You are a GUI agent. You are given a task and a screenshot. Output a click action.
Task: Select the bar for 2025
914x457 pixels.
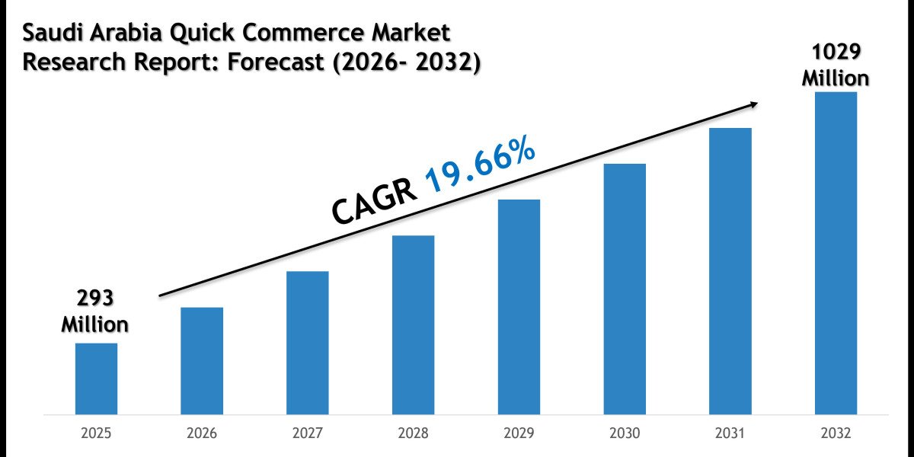coord(96,379)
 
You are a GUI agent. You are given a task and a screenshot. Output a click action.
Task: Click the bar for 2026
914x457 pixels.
coord(202,361)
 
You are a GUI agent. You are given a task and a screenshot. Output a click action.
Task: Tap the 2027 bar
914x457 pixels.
coord(308,343)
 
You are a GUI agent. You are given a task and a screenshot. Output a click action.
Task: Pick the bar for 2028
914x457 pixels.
coord(414,325)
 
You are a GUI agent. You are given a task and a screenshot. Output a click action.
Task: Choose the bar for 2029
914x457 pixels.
coord(519,307)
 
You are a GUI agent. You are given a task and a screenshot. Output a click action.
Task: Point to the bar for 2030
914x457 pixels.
coord(625,289)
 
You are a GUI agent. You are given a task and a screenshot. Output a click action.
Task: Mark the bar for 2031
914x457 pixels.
coord(730,271)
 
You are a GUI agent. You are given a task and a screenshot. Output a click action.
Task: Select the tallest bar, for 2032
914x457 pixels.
coord(836,254)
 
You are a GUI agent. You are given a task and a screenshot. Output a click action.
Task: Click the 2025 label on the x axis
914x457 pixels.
coord(96,433)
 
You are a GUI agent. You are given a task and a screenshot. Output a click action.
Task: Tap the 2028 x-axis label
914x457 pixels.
coord(414,433)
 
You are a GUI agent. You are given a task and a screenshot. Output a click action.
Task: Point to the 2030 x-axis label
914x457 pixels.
coord(625,433)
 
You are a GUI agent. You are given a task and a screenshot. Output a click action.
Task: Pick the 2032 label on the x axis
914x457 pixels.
coord(836,433)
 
